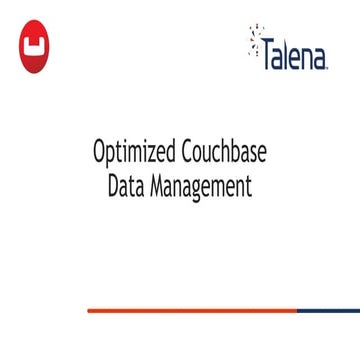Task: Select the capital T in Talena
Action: pyautogui.click(x=268, y=58)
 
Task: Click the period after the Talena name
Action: pyautogui.click(x=327, y=67)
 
